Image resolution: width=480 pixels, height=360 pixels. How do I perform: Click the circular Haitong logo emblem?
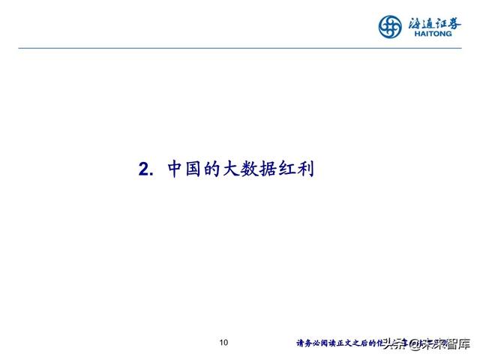[x=391, y=26]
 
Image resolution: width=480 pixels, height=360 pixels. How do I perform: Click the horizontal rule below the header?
[x=240, y=48]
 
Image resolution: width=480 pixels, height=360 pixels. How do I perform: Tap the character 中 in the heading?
[x=175, y=169]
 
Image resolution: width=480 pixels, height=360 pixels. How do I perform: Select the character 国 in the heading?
[x=195, y=169]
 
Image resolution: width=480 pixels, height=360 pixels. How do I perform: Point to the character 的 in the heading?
[x=214, y=169]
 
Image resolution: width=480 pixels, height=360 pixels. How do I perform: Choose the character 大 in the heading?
[x=234, y=169]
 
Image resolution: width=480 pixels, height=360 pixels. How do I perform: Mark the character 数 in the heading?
[x=253, y=169]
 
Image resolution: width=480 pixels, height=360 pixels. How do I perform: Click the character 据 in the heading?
[x=273, y=169]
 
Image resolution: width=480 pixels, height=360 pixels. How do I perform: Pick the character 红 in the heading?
[x=292, y=169]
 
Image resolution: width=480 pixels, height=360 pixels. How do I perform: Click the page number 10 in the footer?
[x=223, y=343]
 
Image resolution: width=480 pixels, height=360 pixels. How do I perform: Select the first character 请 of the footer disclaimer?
[x=301, y=344]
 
